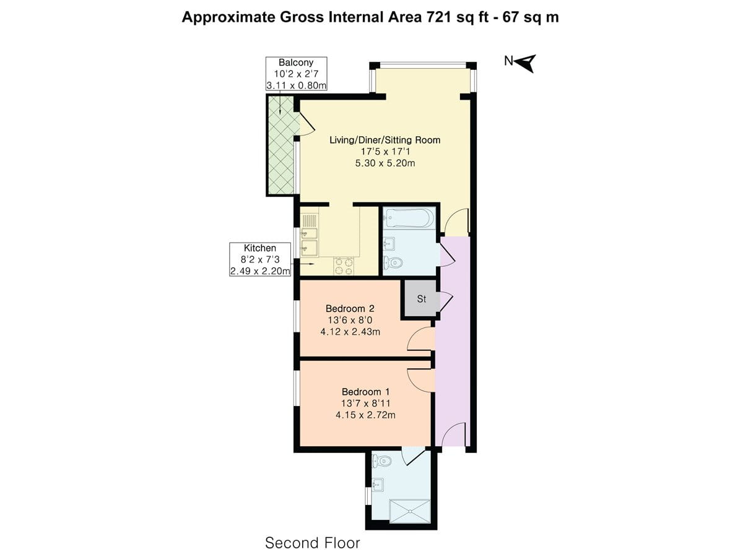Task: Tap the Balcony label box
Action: click(296, 74)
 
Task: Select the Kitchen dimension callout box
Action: click(260, 259)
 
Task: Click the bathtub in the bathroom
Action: click(409, 218)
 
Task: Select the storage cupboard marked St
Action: click(420, 299)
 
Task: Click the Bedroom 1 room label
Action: click(365, 392)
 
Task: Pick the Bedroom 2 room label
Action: click(350, 308)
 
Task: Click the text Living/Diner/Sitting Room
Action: click(385, 140)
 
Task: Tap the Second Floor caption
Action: click(312, 543)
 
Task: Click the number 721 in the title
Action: click(440, 17)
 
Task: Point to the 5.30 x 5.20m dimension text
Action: click(385, 163)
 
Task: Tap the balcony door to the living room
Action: click(306, 125)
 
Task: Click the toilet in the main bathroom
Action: click(393, 263)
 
